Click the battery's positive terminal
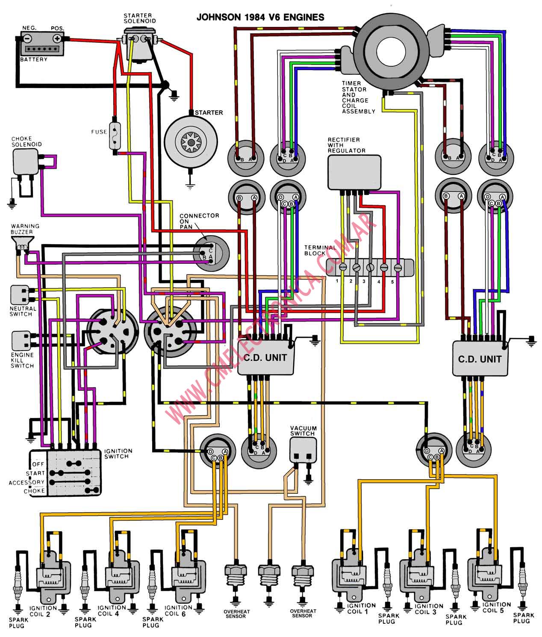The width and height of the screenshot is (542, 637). (x=57, y=39)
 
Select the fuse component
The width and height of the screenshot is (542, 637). (x=115, y=136)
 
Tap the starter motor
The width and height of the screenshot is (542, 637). (x=191, y=142)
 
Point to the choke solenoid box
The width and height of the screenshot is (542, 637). (x=26, y=162)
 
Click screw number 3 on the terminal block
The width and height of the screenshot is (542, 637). (x=370, y=267)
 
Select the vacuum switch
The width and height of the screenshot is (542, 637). (x=303, y=451)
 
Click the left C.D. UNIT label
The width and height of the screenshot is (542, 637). (x=265, y=357)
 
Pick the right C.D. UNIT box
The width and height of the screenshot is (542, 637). (x=480, y=358)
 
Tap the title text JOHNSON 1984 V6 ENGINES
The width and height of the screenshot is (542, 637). (x=260, y=17)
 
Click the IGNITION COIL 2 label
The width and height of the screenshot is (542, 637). (x=43, y=611)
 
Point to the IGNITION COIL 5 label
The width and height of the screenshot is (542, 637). (x=496, y=608)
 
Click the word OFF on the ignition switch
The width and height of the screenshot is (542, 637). (x=38, y=464)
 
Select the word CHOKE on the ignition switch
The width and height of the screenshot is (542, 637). (x=34, y=491)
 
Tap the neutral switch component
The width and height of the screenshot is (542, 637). (x=20, y=295)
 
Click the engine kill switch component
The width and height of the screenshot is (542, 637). (x=21, y=341)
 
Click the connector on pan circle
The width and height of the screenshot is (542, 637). (x=211, y=254)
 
